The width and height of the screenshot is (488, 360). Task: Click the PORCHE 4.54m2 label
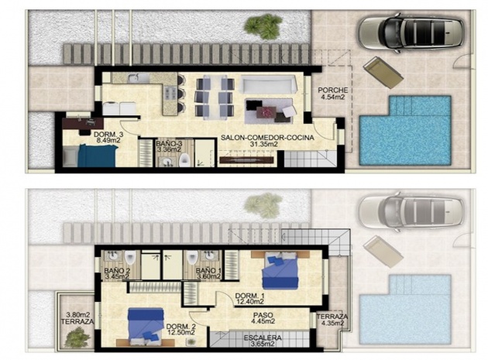pos(333,94)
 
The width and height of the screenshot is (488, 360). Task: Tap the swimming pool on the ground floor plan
pos(405,130)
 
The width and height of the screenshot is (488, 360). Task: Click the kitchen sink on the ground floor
pos(135,77)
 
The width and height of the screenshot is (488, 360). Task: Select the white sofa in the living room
pos(268,84)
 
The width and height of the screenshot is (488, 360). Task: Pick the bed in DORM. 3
pos(91,155)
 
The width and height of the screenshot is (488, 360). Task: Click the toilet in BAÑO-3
pos(184,160)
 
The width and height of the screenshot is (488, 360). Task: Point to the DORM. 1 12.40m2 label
pos(250,298)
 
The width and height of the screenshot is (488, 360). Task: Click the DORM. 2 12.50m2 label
pos(180,330)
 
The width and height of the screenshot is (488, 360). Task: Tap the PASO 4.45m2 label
pos(263,318)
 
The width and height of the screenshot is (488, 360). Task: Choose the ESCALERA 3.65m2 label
pos(263,341)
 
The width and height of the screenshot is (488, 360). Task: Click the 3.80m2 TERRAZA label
pos(77,318)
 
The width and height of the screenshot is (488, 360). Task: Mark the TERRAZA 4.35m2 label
pos(332,320)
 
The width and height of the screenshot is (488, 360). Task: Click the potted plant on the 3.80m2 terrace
pos(77,338)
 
